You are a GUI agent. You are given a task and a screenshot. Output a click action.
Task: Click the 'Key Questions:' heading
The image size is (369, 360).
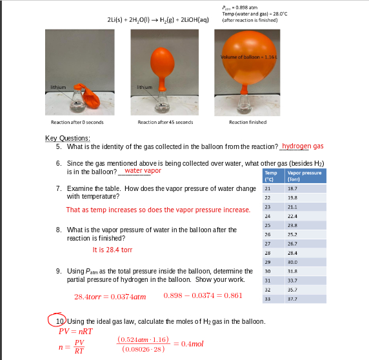pyautogui.click(x=67, y=138)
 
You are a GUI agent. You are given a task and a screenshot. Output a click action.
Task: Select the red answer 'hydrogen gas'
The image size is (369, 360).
pyautogui.click(x=303, y=146)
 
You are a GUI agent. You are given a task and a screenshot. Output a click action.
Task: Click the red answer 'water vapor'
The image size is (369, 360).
pyautogui.click(x=143, y=171)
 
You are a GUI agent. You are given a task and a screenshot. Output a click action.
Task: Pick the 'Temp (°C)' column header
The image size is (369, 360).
pyautogui.click(x=271, y=176)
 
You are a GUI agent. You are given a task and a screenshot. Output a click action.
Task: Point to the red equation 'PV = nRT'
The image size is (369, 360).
pyautogui.click(x=75, y=330)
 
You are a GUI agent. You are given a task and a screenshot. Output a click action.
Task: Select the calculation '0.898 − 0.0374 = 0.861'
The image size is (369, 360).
pyautogui.click(x=203, y=295)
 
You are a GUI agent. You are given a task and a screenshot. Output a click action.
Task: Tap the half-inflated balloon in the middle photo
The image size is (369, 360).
pyautogui.click(x=162, y=57)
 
